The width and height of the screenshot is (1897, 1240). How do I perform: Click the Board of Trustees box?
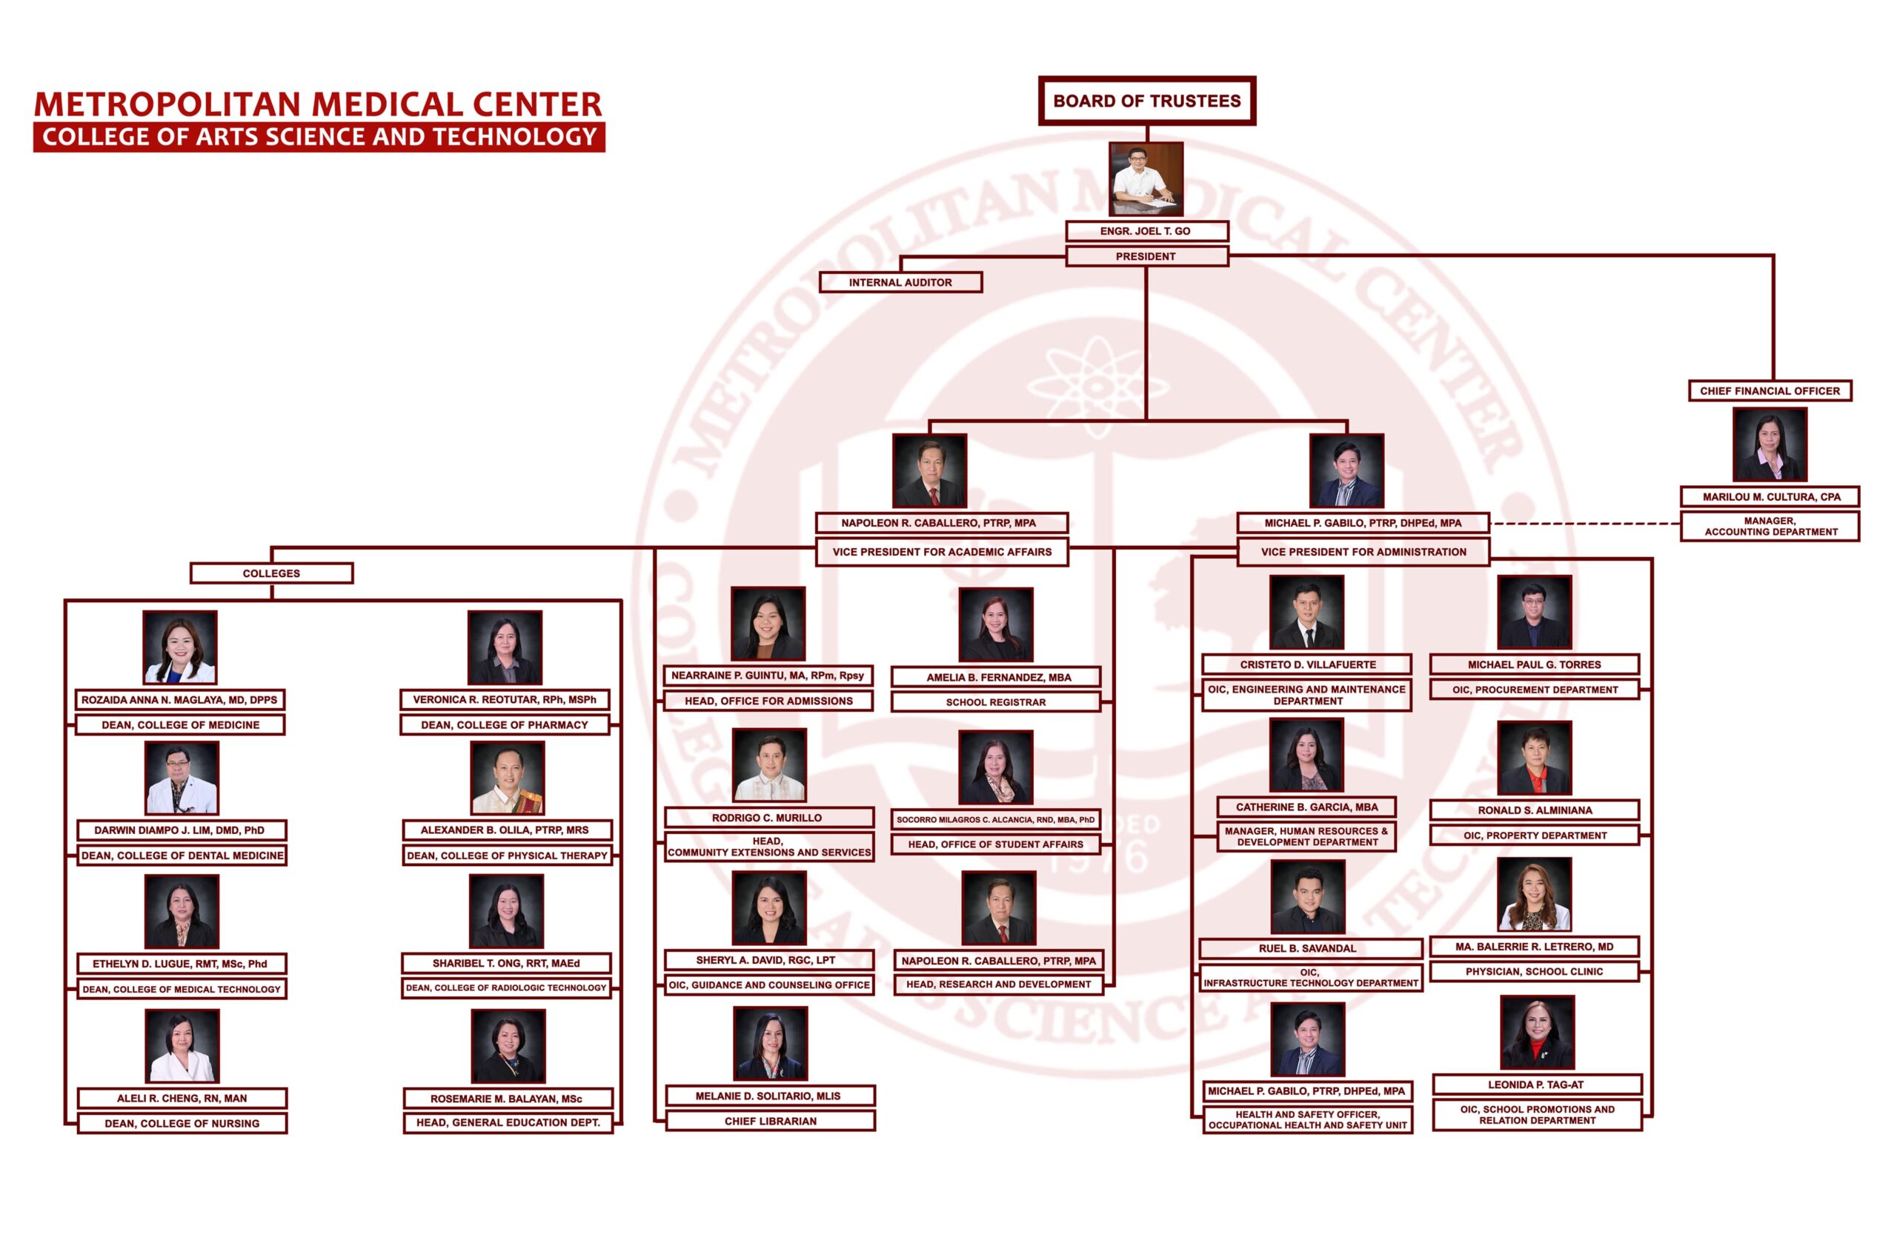pyautogui.click(x=1146, y=101)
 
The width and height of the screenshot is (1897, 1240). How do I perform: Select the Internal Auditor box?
pyautogui.click(x=900, y=282)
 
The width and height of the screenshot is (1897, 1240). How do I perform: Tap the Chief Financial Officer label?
pyautogui.click(x=1770, y=390)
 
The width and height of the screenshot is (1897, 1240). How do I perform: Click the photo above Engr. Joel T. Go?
pyautogui.click(x=1146, y=179)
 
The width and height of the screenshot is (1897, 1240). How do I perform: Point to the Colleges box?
pyautogui.click(x=271, y=573)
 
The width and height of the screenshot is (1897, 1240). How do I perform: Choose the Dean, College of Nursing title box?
pyautogui.click(x=182, y=1124)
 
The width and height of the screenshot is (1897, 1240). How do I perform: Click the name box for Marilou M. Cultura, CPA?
pyautogui.click(x=1771, y=496)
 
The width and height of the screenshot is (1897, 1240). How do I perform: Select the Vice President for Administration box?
pyautogui.click(x=1363, y=551)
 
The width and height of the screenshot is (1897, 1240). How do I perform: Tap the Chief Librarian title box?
pyautogui.click(x=770, y=1121)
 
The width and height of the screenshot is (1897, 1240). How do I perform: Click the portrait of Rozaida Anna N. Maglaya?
pyautogui.click(x=180, y=647)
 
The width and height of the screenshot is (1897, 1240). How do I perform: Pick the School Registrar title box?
pyautogui.click(x=995, y=702)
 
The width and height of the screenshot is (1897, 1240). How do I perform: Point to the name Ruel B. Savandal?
pyautogui.click(x=1311, y=948)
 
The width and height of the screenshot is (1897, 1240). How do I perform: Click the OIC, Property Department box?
pyautogui.click(x=1535, y=835)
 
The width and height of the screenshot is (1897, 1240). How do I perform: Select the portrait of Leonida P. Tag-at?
pyautogui.click(x=1537, y=1032)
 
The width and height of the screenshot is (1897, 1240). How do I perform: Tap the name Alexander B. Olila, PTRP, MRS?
pyautogui.click(x=505, y=830)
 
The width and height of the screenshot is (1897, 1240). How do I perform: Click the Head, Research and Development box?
pyautogui.click(x=998, y=984)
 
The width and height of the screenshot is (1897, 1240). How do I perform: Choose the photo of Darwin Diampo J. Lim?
pyautogui.click(x=182, y=778)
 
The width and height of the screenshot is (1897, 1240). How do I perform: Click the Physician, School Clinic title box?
pyautogui.click(x=1534, y=971)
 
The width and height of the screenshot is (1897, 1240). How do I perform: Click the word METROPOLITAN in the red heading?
pyautogui.click(x=167, y=104)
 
